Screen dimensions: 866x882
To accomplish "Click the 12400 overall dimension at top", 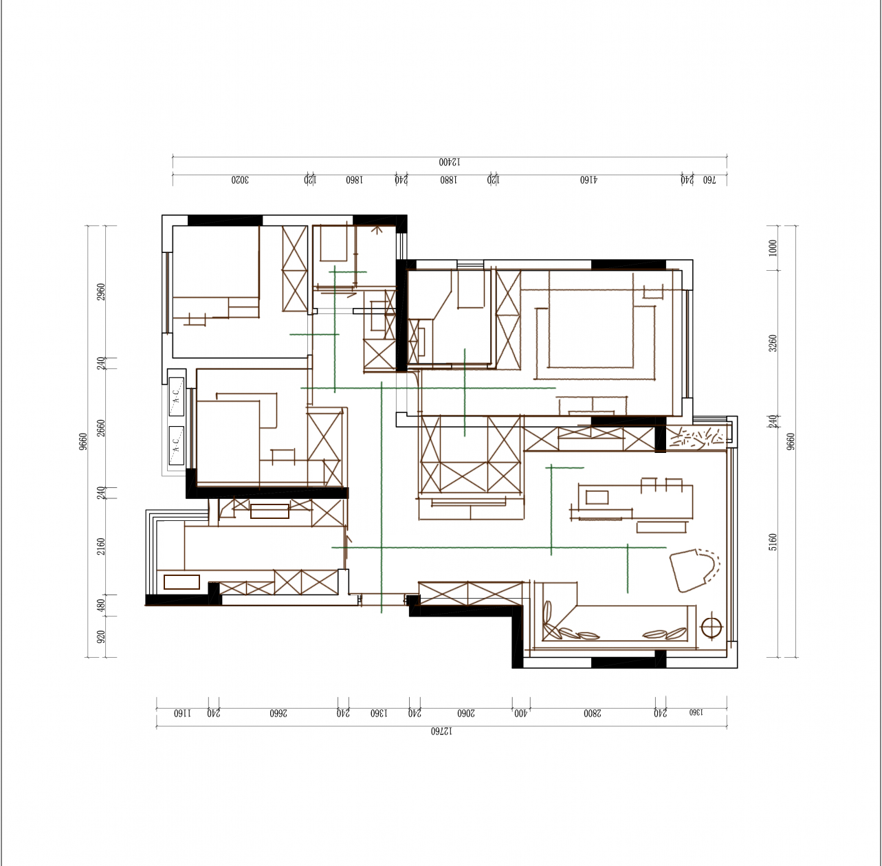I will click(450, 162).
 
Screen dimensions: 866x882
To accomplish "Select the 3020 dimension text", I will click(239, 180).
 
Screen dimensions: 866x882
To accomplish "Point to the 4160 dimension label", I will click(588, 180).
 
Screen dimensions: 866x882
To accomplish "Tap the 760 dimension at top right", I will click(709, 180).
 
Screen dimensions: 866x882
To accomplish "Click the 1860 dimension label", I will click(354, 180).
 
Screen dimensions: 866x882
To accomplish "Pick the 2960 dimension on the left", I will click(101, 292).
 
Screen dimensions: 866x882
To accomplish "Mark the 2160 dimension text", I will click(101, 546).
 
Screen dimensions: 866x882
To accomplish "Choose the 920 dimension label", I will click(101, 636).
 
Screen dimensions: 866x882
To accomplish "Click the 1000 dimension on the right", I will click(773, 248).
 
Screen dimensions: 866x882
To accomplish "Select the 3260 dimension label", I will click(773, 344).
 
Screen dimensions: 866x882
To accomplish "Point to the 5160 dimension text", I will click(773, 542).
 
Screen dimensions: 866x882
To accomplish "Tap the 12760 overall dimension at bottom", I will click(441, 731).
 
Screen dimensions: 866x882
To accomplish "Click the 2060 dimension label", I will click(466, 713).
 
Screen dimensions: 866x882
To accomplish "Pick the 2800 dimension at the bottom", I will click(593, 713).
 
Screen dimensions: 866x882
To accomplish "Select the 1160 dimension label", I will click(182, 713).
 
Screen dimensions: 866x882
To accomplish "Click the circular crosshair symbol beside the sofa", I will click(711, 627).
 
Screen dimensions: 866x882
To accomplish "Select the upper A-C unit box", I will click(177, 397).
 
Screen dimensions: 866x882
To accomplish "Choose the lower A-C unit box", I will click(177, 445).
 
